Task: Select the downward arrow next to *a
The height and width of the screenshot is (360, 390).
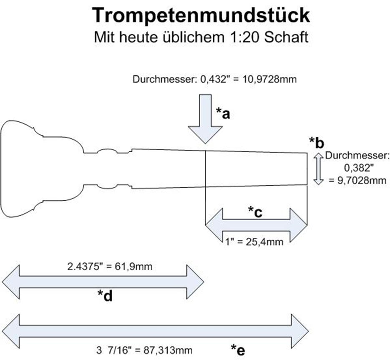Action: tap(205, 119)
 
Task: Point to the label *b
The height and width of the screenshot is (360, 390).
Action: tap(317, 143)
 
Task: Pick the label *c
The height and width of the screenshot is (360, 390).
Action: tap(255, 212)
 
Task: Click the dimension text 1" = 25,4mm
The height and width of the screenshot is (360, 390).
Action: tap(254, 241)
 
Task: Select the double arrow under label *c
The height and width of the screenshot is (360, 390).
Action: tap(256, 225)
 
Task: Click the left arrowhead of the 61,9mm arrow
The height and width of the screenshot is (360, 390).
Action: tap(11, 283)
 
